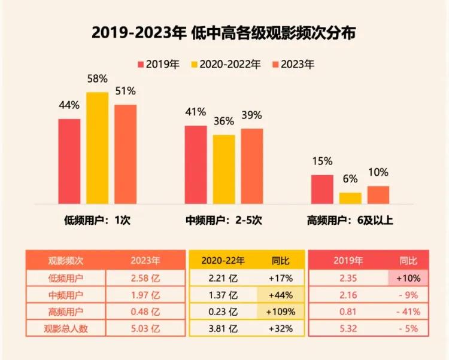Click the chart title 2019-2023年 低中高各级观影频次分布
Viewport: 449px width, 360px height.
coord(224,32)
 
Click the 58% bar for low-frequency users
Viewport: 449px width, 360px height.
coord(98,148)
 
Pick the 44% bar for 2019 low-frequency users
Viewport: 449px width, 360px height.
coord(69,161)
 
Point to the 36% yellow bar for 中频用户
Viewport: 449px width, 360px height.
coord(224,169)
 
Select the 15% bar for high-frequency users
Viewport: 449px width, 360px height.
coord(322,189)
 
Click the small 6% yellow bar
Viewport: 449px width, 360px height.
coord(350,198)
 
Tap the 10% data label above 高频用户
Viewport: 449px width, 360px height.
coord(378,172)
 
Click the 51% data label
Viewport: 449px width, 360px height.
coord(126,91)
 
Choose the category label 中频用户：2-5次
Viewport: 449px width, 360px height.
coord(224,220)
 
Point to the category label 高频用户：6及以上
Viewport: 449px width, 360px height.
coord(350,220)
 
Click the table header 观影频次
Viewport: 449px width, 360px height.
coord(65,261)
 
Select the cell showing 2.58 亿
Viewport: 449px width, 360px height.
coord(145,277)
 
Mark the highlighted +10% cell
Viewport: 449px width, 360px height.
coord(408,277)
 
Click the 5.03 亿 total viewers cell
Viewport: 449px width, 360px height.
coord(145,328)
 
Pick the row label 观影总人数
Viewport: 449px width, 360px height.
coord(65,328)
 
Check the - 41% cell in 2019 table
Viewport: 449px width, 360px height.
coord(408,311)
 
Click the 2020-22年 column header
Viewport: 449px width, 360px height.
coord(223,261)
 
